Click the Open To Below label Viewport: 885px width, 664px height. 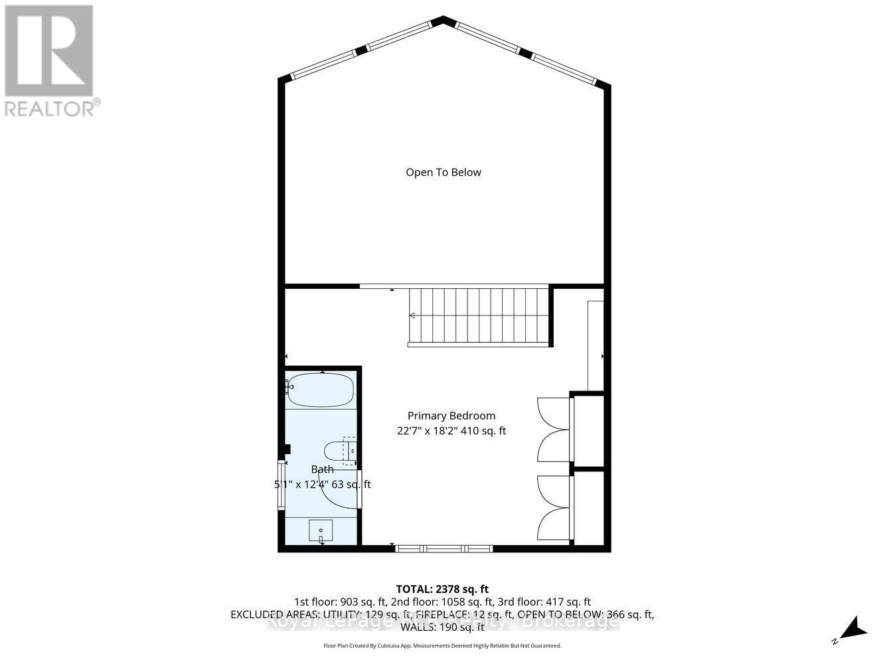(443, 173)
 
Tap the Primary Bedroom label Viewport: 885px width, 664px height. (451, 416)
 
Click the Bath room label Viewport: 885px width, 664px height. (323, 469)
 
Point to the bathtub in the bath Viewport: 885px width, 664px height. (320, 390)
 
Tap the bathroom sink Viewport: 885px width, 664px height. (321, 531)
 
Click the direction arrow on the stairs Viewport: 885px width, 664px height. (412, 315)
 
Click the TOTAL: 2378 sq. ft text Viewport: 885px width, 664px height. (442, 589)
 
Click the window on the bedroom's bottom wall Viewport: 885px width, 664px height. (443, 548)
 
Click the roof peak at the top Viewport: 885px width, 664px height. (443, 20)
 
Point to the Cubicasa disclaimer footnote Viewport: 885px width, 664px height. (442, 645)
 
